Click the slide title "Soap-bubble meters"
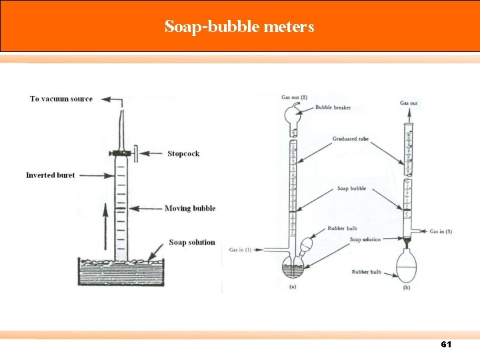point(239,27)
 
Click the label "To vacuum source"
point(61,99)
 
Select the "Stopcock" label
point(183,154)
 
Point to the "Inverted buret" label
point(51,175)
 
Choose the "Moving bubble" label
point(190,209)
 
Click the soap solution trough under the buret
point(121,271)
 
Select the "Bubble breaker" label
point(333,107)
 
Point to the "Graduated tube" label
point(350,139)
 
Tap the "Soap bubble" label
point(351,189)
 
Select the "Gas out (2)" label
point(294,98)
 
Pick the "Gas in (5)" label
point(441,231)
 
